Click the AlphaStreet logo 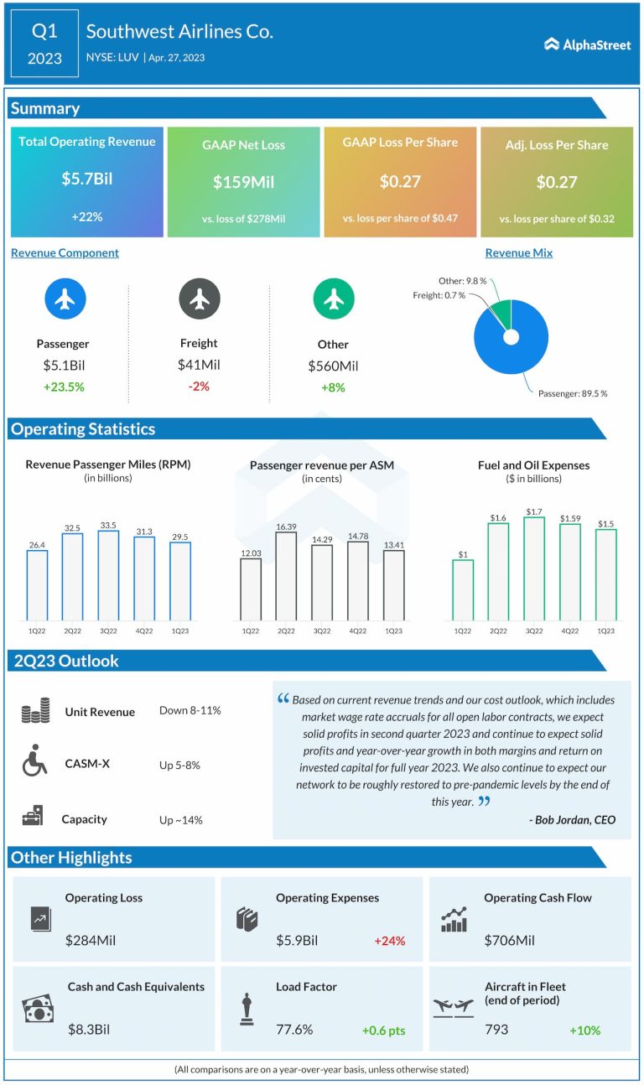587,44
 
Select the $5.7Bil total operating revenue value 87,179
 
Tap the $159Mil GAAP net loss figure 243,182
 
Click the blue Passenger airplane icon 65,299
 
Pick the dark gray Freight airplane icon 199,299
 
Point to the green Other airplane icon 333,299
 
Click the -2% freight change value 199,387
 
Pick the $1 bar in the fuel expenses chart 462,590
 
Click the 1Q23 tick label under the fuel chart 605,630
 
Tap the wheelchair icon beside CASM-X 34,765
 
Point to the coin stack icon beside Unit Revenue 35,712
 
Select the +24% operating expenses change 389,941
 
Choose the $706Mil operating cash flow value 509,941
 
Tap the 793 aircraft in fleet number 496,1029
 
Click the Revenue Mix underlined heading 518,252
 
